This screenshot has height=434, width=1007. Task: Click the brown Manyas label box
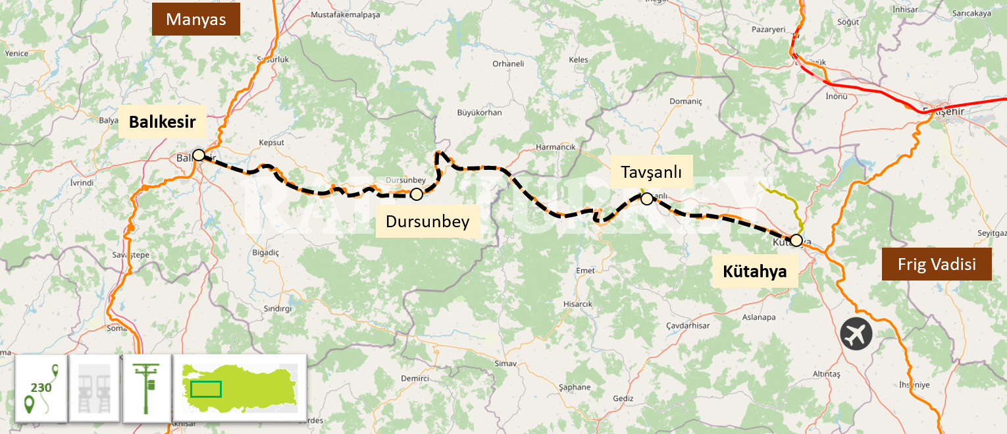coord(196,19)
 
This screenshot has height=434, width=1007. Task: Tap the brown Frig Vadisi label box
coord(937,265)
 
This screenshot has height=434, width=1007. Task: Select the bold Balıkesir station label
coord(163,122)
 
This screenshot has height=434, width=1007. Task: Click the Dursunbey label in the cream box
coord(428,221)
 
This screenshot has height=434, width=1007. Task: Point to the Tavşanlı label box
coord(651,173)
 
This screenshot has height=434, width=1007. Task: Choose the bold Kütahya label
coord(755,271)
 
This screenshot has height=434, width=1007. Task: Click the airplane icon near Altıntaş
coord(856,334)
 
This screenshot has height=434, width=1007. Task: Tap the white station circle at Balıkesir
coord(198,155)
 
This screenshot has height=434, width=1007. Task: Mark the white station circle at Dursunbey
coord(416,194)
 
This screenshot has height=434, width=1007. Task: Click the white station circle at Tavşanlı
coord(646,198)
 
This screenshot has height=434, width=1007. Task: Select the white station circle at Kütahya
coord(796,240)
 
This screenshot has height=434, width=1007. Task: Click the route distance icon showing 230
coord(41,389)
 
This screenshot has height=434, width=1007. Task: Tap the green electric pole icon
coord(145,389)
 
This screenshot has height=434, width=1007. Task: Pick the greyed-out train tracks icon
coord(93,389)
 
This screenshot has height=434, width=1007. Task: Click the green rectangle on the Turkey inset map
coord(205,389)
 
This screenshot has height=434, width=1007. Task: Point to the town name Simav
coord(506,364)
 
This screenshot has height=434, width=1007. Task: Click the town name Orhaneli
coord(508,64)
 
